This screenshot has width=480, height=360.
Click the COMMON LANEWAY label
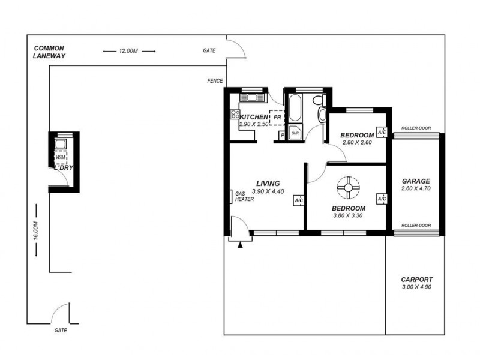[49, 52]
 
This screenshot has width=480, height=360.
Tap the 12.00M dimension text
[128, 52]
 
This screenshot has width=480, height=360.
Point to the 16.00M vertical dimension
[35, 231]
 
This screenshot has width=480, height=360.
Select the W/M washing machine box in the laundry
[61, 157]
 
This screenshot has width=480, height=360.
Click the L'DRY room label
[63, 168]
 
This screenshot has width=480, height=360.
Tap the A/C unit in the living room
[299, 200]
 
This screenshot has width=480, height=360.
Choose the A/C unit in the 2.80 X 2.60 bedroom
[380, 132]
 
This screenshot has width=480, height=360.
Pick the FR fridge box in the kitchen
[277, 118]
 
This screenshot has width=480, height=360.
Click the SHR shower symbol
[295, 133]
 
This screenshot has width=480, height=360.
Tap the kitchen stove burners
[233, 113]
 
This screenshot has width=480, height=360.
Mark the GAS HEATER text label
[244, 196]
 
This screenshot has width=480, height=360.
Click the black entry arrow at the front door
[241, 244]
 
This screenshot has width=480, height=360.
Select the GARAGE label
[416, 181]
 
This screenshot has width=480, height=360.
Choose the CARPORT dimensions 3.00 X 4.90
[416, 287]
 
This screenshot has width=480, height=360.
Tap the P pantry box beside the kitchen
[281, 136]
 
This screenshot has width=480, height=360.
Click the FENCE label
[215, 81]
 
